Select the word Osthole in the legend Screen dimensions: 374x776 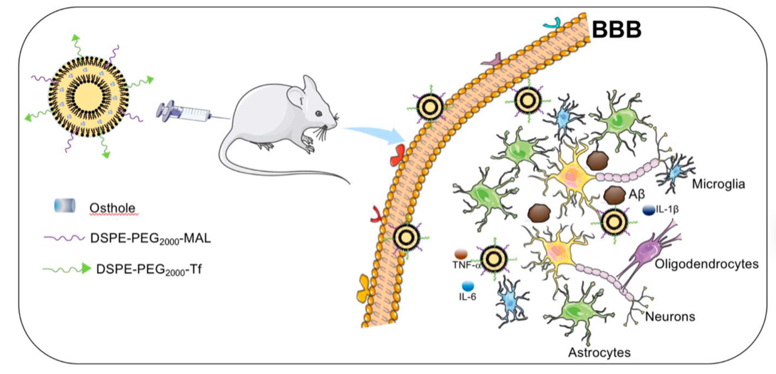[112, 207]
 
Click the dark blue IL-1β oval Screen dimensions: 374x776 [649, 210]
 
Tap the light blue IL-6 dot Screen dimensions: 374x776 [468, 286]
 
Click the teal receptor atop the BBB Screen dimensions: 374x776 [551, 25]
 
